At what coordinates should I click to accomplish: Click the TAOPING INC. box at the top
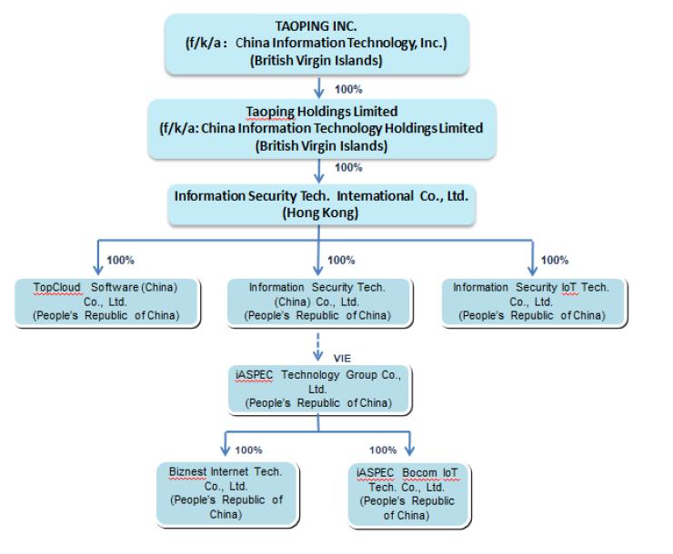pyautogui.click(x=317, y=43)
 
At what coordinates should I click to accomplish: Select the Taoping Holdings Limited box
pyautogui.click(x=317, y=128)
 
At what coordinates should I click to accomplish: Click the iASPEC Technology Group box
pyautogui.click(x=317, y=389)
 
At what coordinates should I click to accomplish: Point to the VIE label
pyautogui.click(x=341, y=359)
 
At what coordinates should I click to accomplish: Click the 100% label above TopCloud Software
pyautogui.click(x=121, y=261)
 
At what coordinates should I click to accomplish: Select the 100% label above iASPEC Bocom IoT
pyautogui.click(x=383, y=450)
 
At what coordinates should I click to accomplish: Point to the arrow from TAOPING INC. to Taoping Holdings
pyautogui.click(x=317, y=88)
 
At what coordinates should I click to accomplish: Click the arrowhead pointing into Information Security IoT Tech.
pyautogui.click(x=533, y=271)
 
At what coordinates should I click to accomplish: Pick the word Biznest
pyautogui.click(x=189, y=472)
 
